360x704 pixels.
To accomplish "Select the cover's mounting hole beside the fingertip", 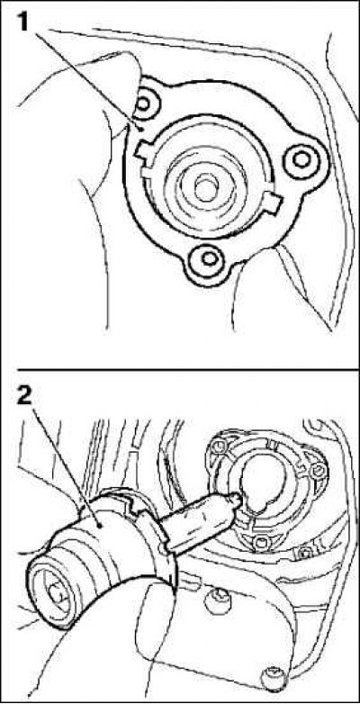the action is click(x=143, y=104).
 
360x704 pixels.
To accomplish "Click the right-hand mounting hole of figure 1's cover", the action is click(x=302, y=158).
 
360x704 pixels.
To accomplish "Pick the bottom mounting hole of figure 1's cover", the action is click(x=209, y=258).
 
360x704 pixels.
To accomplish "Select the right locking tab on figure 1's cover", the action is click(x=274, y=203).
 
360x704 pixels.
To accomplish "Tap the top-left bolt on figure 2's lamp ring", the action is click(x=219, y=447).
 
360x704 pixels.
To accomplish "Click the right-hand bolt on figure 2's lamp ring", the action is click(x=319, y=470).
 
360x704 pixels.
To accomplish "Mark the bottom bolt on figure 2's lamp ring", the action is click(x=261, y=543).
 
